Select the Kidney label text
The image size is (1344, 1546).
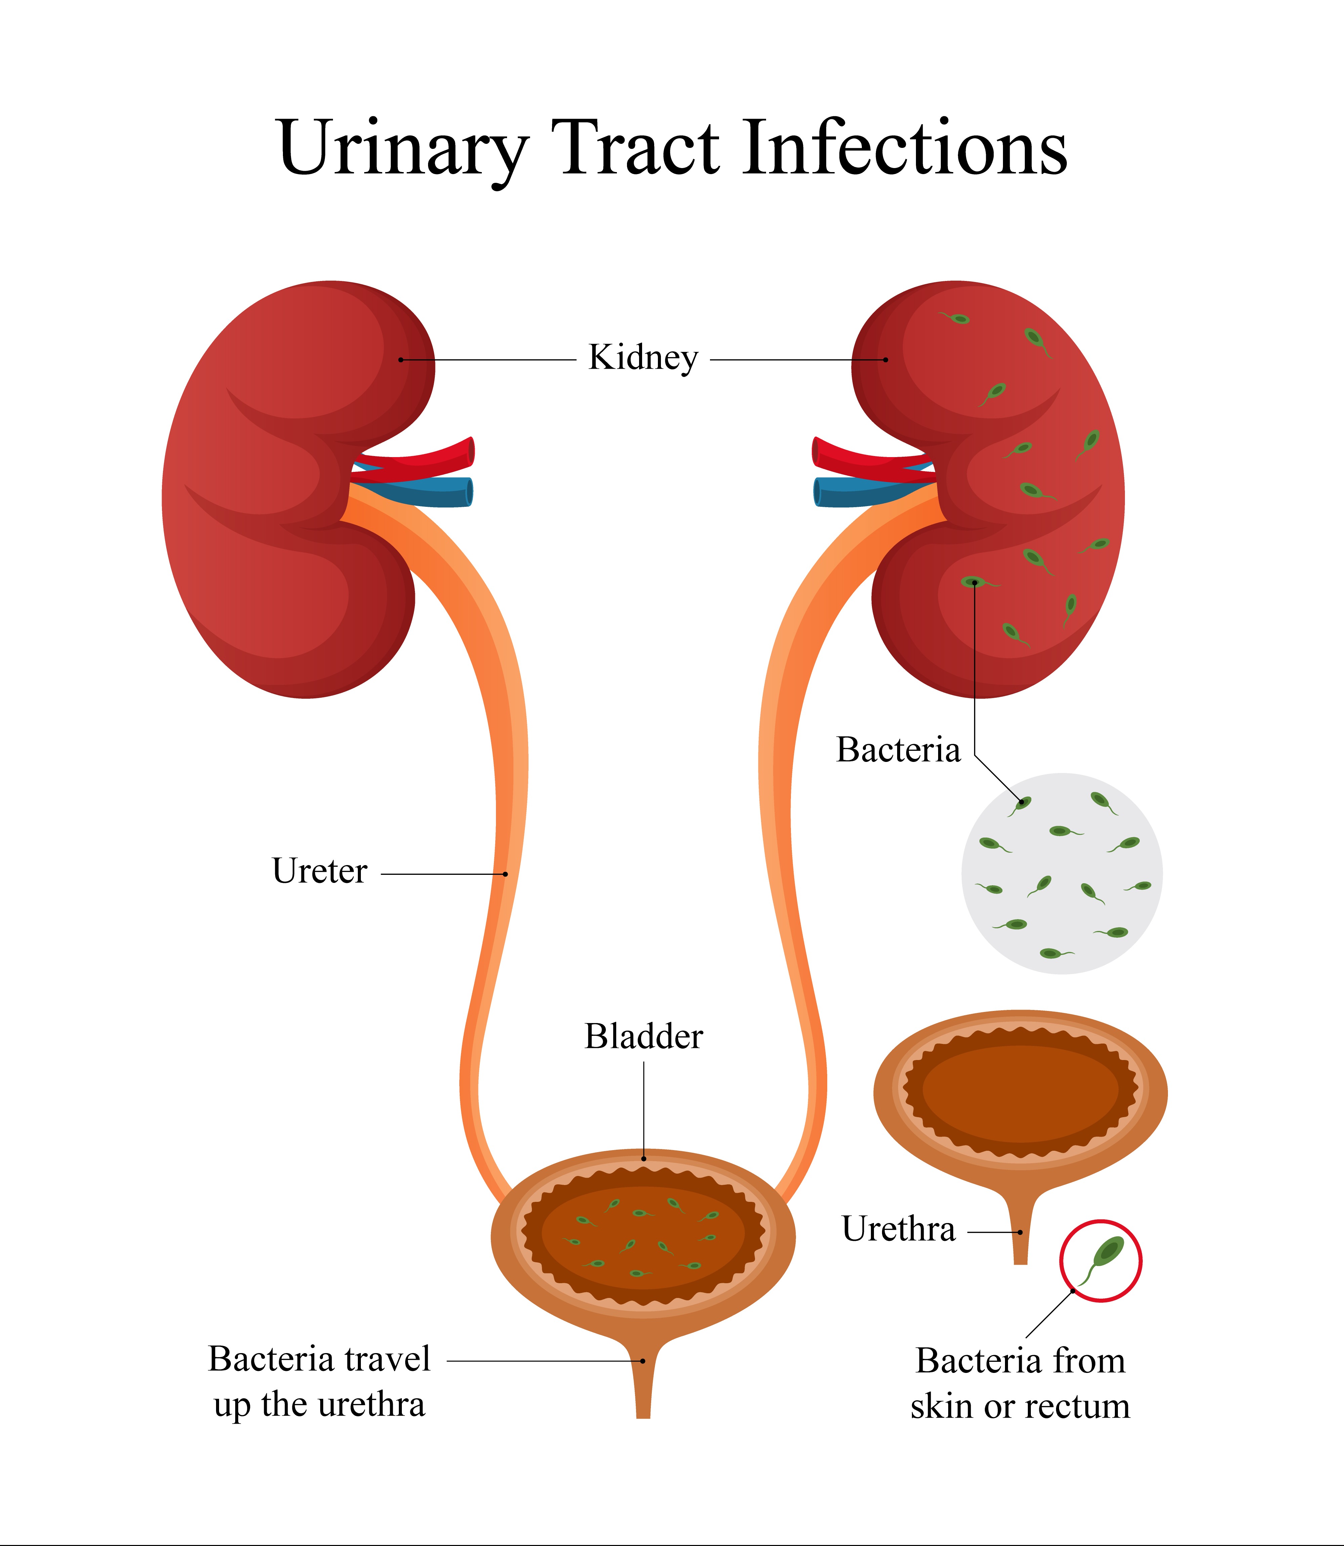[x=643, y=358]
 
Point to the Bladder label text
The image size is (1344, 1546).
[x=643, y=1037]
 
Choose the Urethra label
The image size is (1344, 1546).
[x=898, y=1229]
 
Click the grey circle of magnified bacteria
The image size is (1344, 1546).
[x=1062, y=874]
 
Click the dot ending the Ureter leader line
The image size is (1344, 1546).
[x=505, y=874]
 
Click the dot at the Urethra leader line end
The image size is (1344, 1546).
[x=1020, y=1232]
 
